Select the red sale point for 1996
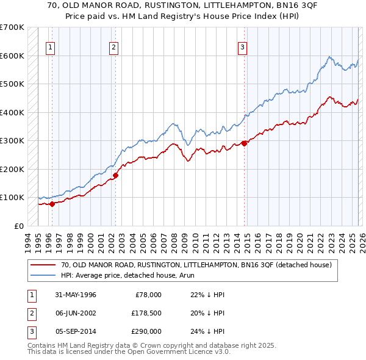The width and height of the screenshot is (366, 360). click(x=52, y=204)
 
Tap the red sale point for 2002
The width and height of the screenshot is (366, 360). click(x=115, y=175)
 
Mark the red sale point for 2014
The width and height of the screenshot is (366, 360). click(x=244, y=143)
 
